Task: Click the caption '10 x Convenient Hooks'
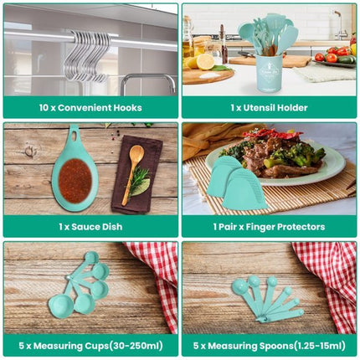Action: pos(90,107)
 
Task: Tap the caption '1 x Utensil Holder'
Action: pos(269,107)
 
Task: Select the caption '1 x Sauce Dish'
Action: pos(90,227)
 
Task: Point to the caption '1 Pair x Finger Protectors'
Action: pos(269,227)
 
